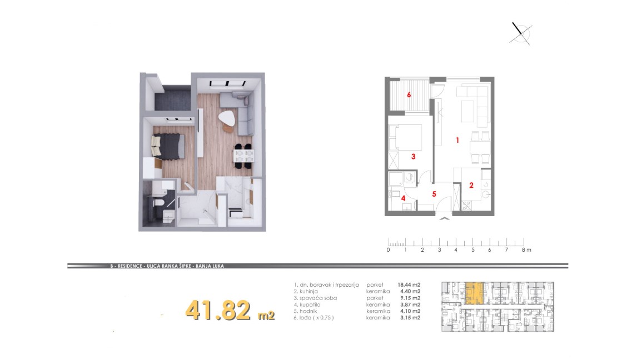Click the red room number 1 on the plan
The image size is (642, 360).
[x=457, y=140]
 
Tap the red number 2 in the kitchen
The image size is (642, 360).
[x=471, y=186]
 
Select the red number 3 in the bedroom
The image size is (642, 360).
[x=413, y=156]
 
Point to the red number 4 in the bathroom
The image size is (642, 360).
[x=404, y=198]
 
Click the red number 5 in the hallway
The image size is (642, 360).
[x=434, y=194]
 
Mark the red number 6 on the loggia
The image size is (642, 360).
[x=409, y=95]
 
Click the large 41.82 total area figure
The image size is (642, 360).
[x=218, y=310]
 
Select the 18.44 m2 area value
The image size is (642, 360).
[x=409, y=285]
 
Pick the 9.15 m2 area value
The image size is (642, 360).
[x=410, y=298]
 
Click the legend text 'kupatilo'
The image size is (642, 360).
[x=310, y=304]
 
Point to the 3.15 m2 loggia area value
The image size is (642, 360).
[x=410, y=317]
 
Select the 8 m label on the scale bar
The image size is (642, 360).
[x=526, y=249]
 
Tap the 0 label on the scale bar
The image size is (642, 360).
[x=388, y=249]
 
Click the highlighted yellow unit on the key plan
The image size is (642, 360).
[x=475, y=293]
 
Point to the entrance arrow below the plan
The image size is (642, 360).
[x=444, y=219]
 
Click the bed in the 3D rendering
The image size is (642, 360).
[x=168, y=146]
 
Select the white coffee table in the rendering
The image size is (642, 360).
[x=226, y=119]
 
